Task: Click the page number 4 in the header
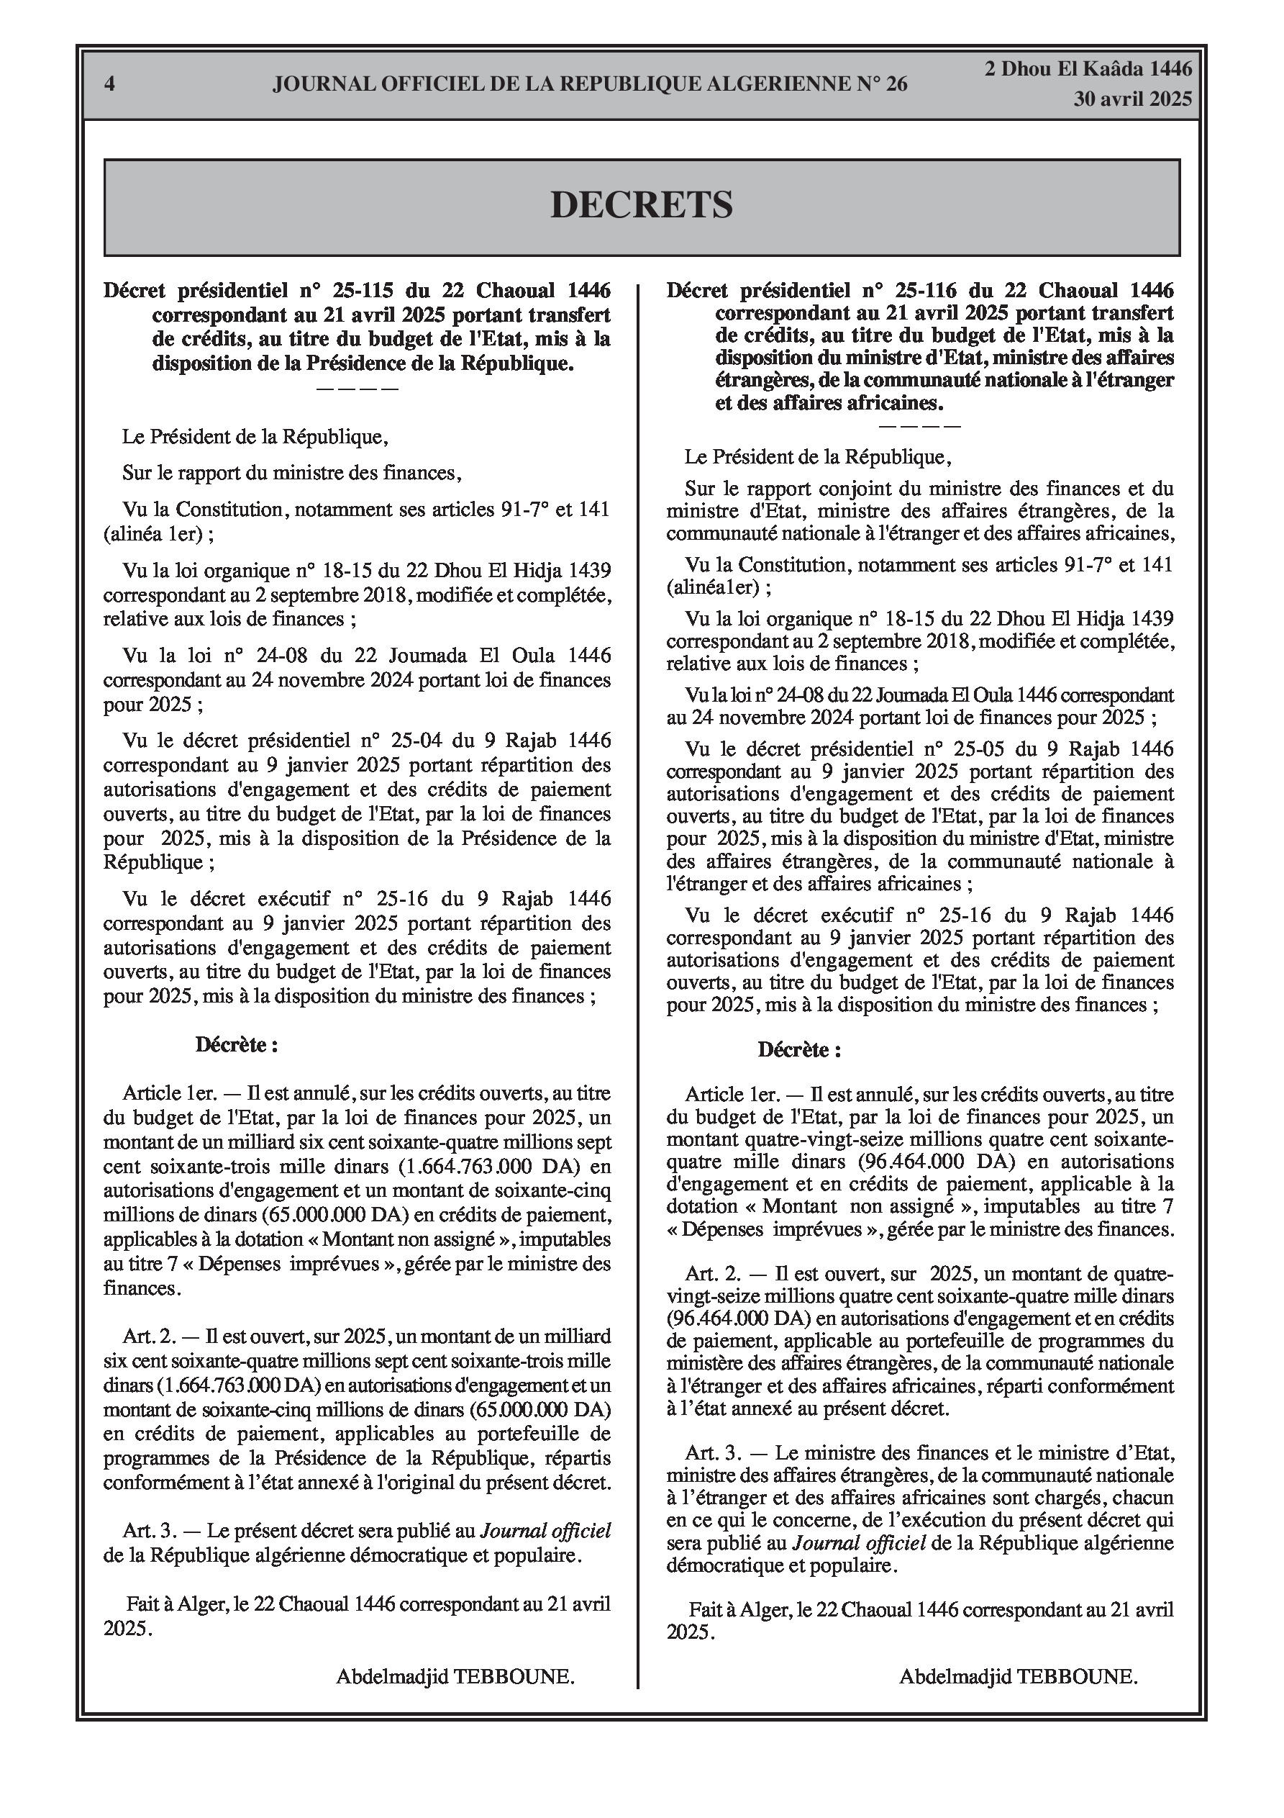pos(110,84)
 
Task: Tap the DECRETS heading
pos(641,205)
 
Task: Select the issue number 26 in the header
pos(896,84)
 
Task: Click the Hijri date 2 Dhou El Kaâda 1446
pos(1088,69)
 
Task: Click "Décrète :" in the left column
pos(237,1044)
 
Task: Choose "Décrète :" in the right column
pos(799,1050)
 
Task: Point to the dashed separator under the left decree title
pos(357,389)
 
